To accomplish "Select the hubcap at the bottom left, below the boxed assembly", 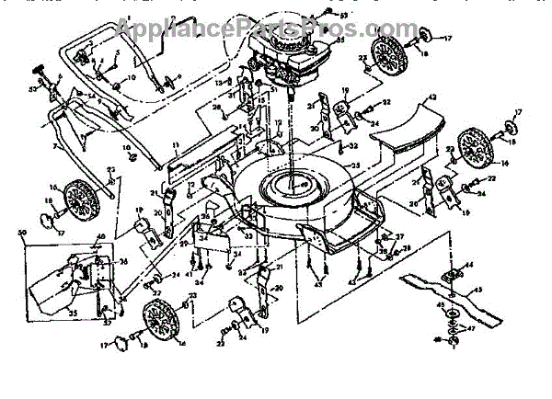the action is pyautogui.click(x=120, y=346).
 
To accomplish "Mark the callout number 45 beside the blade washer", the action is pyautogui.click(x=440, y=304).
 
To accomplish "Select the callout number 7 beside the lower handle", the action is pyautogui.click(x=55, y=147).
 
